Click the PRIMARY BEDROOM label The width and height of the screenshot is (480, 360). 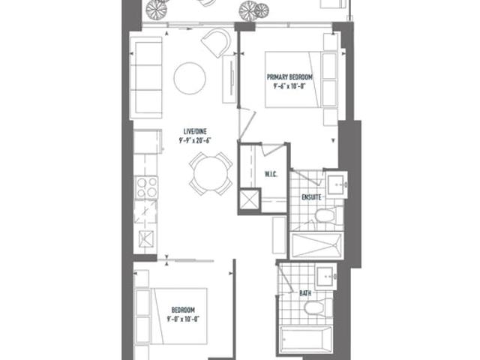coord(289,76)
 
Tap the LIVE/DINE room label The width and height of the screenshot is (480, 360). coord(195,132)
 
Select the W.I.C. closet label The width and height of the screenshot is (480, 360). coord(271,175)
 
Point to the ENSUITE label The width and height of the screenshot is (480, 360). coord(311,197)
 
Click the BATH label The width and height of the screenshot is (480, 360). coord(305,293)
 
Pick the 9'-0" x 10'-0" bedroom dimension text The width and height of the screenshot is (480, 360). coord(183,319)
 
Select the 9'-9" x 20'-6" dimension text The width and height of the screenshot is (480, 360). coord(195,140)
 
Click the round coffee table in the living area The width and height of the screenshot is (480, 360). coord(190,78)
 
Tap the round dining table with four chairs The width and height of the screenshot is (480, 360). coord(211,173)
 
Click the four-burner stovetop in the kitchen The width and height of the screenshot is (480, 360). coord(146,187)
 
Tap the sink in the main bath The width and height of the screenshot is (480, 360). coord(325,277)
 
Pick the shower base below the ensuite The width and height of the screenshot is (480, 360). coord(316,245)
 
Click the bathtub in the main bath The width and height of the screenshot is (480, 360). coord(306,340)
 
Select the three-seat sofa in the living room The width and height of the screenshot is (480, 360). coord(146,78)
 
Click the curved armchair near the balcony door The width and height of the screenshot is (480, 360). coord(217,43)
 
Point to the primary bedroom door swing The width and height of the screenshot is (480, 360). coord(247,124)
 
